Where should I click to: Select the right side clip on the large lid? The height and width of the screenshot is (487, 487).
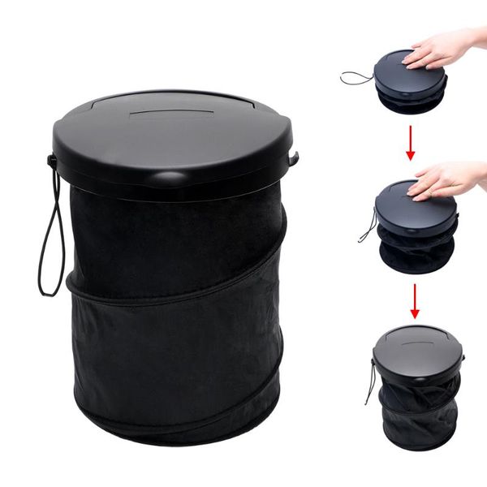tap(295, 158)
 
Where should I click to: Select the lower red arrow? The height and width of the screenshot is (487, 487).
tap(415, 300)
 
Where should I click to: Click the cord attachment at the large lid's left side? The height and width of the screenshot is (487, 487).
tap(53, 160)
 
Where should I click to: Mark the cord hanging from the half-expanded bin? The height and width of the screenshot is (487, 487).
tap(368, 227)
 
